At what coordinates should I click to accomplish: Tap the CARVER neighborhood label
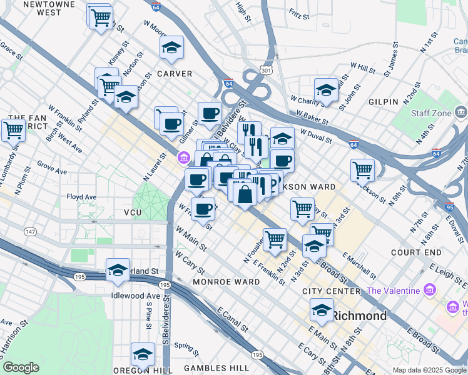click(x=174, y=74)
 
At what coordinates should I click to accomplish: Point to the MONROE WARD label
click(x=226, y=282)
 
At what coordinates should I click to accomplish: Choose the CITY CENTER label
click(x=331, y=291)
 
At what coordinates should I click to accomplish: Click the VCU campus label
click(x=133, y=213)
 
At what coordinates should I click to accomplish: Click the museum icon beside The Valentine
click(x=429, y=291)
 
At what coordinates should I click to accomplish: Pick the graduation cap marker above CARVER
click(x=171, y=48)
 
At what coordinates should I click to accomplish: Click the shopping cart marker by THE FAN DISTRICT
click(x=13, y=130)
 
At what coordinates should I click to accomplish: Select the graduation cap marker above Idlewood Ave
click(x=118, y=270)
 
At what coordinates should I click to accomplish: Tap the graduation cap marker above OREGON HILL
click(x=143, y=354)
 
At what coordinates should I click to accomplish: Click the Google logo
click(x=21, y=367)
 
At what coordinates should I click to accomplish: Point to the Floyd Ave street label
click(x=81, y=197)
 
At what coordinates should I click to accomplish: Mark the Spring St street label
click(x=186, y=345)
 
